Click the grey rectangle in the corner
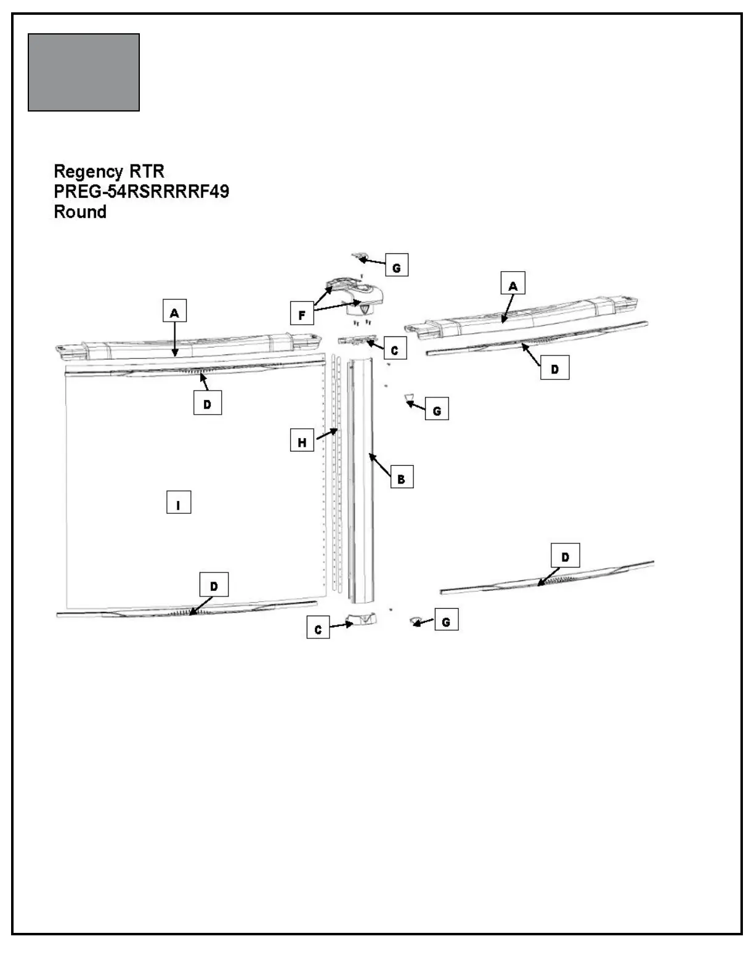pos(84,73)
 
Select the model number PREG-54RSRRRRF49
pos(142,192)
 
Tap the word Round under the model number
pos(80,212)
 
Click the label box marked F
pos(302,315)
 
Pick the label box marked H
pos(302,442)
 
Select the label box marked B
pos(402,478)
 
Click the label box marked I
pos(179,505)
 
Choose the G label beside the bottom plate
pos(447,622)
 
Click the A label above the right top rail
pos(513,285)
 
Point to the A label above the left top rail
pos(174,313)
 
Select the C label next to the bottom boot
pos(318,629)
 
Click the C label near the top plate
pos(395,349)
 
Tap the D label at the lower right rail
pos(565,557)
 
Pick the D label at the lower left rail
pos(214,586)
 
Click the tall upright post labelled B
pos(361,481)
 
